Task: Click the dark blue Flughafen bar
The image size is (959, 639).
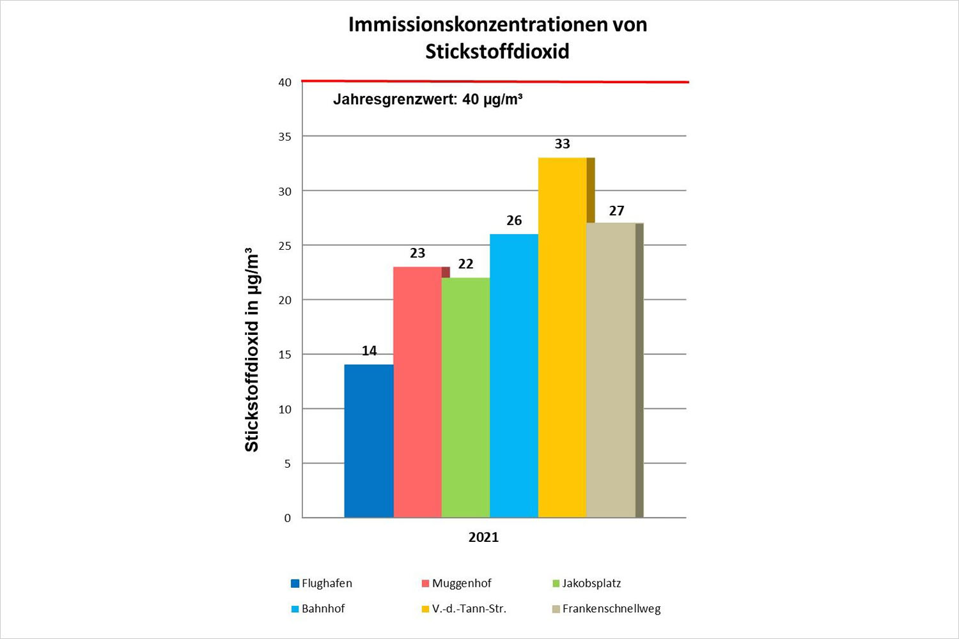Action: (x=369, y=441)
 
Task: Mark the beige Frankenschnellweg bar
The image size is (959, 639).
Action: (x=611, y=370)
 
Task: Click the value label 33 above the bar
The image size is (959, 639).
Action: (x=563, y=144)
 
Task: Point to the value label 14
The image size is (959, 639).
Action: (x=369, y=351)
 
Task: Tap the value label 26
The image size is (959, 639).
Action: (x=514, y=220)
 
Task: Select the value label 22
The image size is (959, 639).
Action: (x=465, y=264)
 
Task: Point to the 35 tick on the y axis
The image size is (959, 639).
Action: (x=285, y=137)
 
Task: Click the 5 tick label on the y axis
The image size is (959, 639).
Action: (x=288, y=464)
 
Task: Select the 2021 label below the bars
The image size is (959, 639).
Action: (x=483, y=537)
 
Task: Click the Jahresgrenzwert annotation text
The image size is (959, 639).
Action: (x=428, y=100)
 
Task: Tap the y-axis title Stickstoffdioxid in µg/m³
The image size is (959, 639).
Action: (x=252, y=350)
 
